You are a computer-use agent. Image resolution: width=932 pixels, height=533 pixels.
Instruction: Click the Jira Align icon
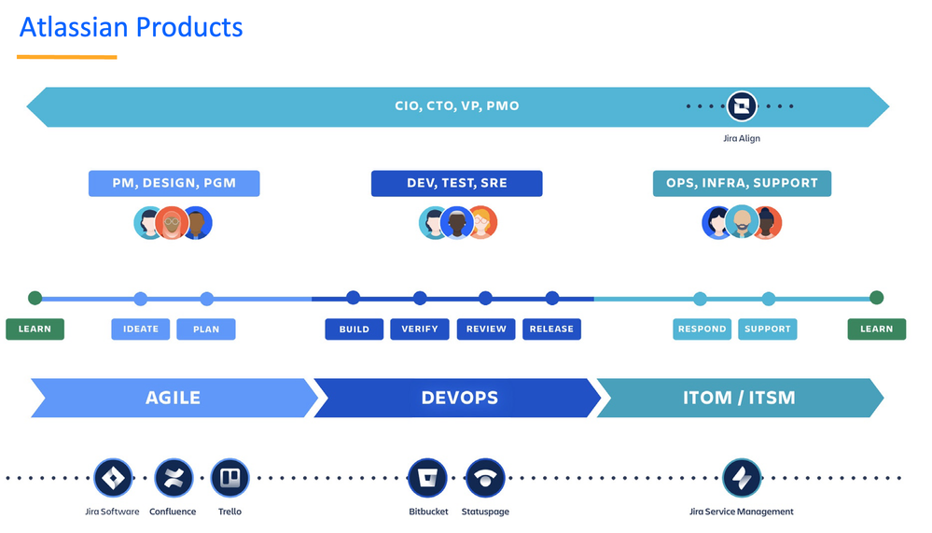(x=742, y=106)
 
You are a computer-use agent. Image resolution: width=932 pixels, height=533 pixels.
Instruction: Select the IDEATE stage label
(x=141, y=329)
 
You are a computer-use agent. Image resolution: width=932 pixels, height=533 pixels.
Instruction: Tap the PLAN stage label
(x=207, y=329)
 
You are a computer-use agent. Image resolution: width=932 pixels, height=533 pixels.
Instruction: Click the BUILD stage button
(x=355, y=329)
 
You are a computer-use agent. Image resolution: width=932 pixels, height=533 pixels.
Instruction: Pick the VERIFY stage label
(x=420, y=329)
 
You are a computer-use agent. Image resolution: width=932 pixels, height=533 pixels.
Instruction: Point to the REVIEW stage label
(x=486, y=329)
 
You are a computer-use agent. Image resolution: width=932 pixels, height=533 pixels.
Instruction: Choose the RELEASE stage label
(x=551, y=329)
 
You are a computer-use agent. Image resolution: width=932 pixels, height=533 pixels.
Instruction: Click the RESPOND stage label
(x=702, y=329)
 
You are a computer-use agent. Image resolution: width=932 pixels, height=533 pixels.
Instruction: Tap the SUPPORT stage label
(x=768, y=329)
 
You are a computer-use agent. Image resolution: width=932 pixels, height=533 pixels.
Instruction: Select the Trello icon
(x=230, y=478)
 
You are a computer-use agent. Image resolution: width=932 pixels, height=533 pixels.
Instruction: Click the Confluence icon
(x=174, y=478)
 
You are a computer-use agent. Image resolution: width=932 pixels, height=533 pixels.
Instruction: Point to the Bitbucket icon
(x=427, y=478)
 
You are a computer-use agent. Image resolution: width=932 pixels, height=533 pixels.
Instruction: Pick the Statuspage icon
(x=484, y=478)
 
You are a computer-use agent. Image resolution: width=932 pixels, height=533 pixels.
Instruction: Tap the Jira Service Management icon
(x=742, y=478)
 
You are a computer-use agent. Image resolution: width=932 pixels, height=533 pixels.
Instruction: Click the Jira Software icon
(x=113, y=478)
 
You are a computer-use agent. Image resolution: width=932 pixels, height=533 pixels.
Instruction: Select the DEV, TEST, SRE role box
(x=456, y=183)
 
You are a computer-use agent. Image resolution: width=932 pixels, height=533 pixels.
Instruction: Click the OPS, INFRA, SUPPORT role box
(x=742, y=183)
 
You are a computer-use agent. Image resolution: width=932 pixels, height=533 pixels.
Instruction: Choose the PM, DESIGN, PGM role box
(x=174, y=183)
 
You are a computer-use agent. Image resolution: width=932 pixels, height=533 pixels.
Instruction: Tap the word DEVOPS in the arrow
(x=459, y=398)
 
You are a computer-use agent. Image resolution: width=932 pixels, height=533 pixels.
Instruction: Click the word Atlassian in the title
(x=74, y=27)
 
